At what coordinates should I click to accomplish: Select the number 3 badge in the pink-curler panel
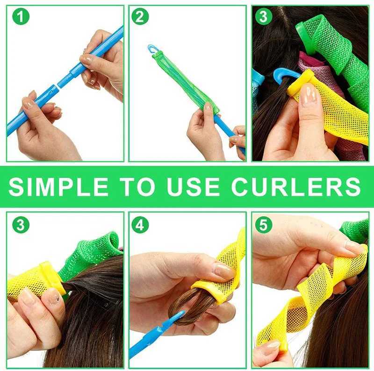pos(263,17)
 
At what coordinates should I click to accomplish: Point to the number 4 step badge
pos(140,225)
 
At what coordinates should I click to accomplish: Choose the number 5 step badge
pos(263,225)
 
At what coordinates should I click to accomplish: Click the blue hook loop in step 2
pos(152,49)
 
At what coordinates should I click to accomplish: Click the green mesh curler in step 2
pos(185,82)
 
